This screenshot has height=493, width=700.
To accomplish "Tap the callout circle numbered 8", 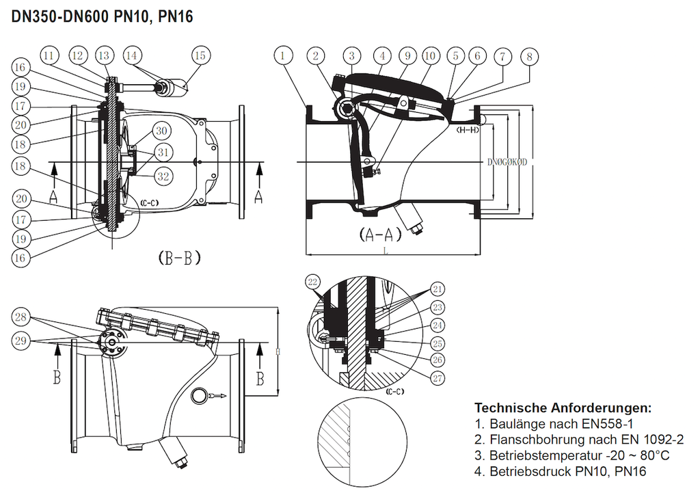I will [x=528, y=56].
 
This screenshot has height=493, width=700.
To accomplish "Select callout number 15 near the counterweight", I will [x=199, y=55].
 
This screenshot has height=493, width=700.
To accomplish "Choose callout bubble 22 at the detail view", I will [x=314, y=282].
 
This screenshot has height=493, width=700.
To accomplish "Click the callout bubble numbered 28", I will [x=21, y=316].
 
